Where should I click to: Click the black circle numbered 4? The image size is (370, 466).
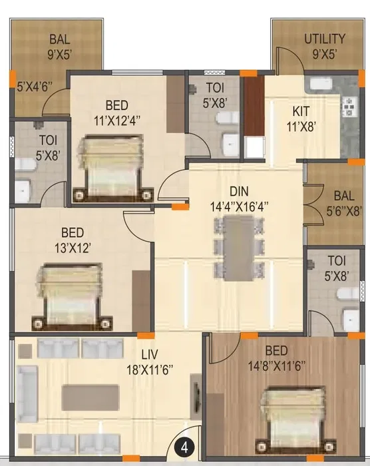pyautogui.click(x=185, y=447)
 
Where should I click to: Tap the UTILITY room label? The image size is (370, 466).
pyautogui.click(x=325, y=39)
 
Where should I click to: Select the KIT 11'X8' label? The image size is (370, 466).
pyautogui.click(x=301, y=119)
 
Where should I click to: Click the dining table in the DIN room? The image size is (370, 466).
pyautogui.click(x=239, y=248)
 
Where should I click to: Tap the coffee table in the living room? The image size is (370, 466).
pyautogui.click(x=91, y=397)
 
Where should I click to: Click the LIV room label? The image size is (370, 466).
pyautogui.click(x=150, y=354)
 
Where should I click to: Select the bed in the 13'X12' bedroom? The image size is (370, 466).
pyautogui.click(x=73, y=297)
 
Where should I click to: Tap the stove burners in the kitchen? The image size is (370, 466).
pyautogui.click(x=347, y=107)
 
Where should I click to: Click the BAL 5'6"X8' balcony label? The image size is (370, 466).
pyautogui.click(x=344, y=204)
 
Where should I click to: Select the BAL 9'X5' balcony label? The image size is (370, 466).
pyautogui.click(x=60, y=47)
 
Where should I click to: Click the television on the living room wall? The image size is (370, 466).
pyautogui.click(x=197, y=397)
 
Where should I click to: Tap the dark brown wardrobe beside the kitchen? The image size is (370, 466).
pyautogui.click(x=254, y=106)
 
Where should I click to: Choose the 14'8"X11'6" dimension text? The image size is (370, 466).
pyautogui.click(x=277, y=366)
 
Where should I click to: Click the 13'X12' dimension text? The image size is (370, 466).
pyautogui.click(x=73, y=248)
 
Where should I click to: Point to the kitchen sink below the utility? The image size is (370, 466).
pyautogui.click(x=321, y=83)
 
